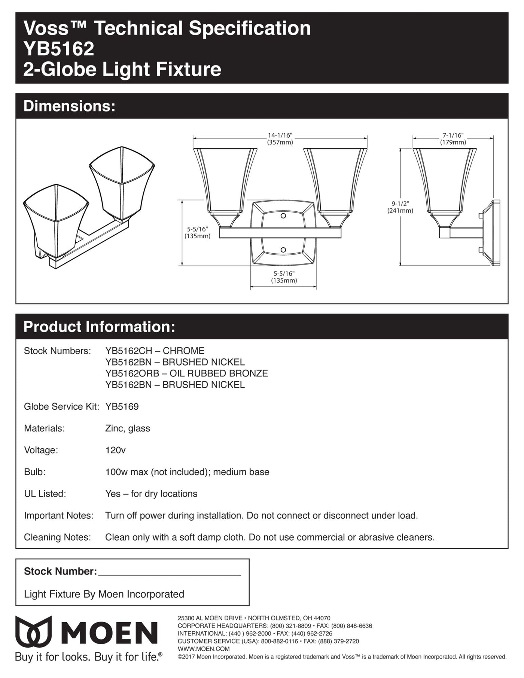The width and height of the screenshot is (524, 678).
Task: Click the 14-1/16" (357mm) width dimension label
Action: point(280,139)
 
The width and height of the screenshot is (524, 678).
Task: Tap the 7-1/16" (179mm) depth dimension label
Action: point(453,139)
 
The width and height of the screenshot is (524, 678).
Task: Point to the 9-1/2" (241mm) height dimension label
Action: point(400,207)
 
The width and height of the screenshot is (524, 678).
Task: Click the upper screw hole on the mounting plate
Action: point(283,216)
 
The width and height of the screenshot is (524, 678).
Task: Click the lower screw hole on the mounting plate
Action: point(283,250)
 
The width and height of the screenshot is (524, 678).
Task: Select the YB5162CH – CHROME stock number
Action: point(155,351)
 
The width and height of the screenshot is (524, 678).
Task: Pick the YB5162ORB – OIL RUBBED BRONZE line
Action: point(186,373)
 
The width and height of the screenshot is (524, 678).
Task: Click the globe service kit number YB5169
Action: point(122,406)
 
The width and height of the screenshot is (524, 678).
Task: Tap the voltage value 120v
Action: point(115,450)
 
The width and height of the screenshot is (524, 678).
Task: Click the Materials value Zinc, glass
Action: point(128,428)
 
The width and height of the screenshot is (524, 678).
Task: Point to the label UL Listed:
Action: point(45,494)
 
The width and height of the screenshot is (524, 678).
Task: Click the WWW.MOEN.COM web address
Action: point(203,649)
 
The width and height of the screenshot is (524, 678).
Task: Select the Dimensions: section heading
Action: point(69,106)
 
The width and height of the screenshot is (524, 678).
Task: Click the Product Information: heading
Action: point(99,327)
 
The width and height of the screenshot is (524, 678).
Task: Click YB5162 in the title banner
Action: point(59,49)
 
